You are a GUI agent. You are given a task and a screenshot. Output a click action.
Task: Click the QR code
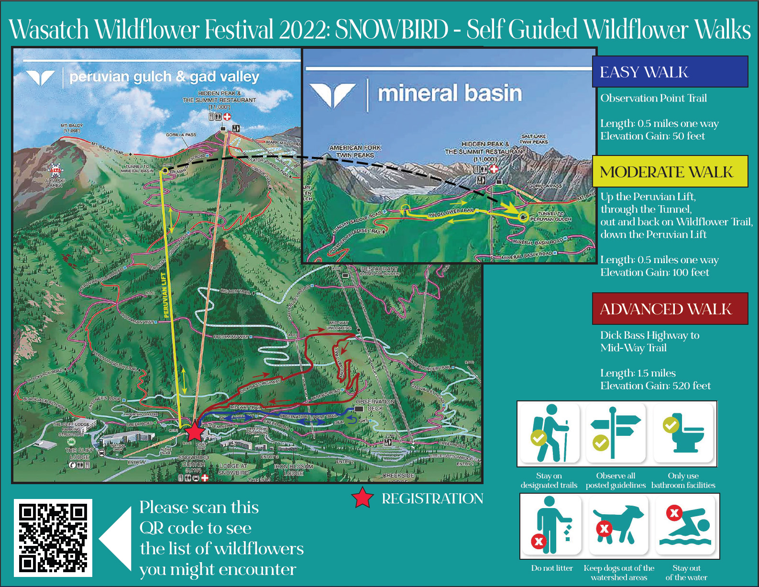click(53, 538)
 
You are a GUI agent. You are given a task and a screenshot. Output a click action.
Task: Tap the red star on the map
click(195, 432)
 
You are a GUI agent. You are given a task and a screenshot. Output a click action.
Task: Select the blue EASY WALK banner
click(670, 72)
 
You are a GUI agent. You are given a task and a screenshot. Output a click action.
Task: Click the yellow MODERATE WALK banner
click(670, 171)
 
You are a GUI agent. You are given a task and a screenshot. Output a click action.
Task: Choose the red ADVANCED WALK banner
click(670, 309)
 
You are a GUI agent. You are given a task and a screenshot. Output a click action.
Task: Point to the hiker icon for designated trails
click(550, 433)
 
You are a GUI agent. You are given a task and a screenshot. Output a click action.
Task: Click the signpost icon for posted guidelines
click(616, 433)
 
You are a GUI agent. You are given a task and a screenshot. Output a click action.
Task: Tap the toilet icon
click(683, 433)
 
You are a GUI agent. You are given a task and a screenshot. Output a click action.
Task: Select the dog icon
click(618, 525)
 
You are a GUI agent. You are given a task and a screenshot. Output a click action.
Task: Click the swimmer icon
click(686, 525)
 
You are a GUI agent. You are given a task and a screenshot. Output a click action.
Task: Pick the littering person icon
click(551, 525)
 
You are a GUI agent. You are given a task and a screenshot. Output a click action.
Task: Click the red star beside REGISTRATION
click(363, 498)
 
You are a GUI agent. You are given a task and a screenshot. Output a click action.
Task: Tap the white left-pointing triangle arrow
click(116, 539)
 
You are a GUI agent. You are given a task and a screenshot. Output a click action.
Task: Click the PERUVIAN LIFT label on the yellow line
click(165, 295)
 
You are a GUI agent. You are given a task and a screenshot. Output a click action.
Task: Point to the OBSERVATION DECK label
click(375, 405)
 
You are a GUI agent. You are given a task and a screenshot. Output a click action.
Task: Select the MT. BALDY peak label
click(71, 128)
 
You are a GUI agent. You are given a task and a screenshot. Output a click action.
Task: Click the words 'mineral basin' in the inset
click(450, 93)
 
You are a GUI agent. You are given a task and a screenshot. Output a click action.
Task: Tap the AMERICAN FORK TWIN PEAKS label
click(355, 151)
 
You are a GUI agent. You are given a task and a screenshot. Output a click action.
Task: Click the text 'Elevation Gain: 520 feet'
click(655, 386)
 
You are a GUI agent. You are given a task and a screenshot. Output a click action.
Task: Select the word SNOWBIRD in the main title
click(391, 30)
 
